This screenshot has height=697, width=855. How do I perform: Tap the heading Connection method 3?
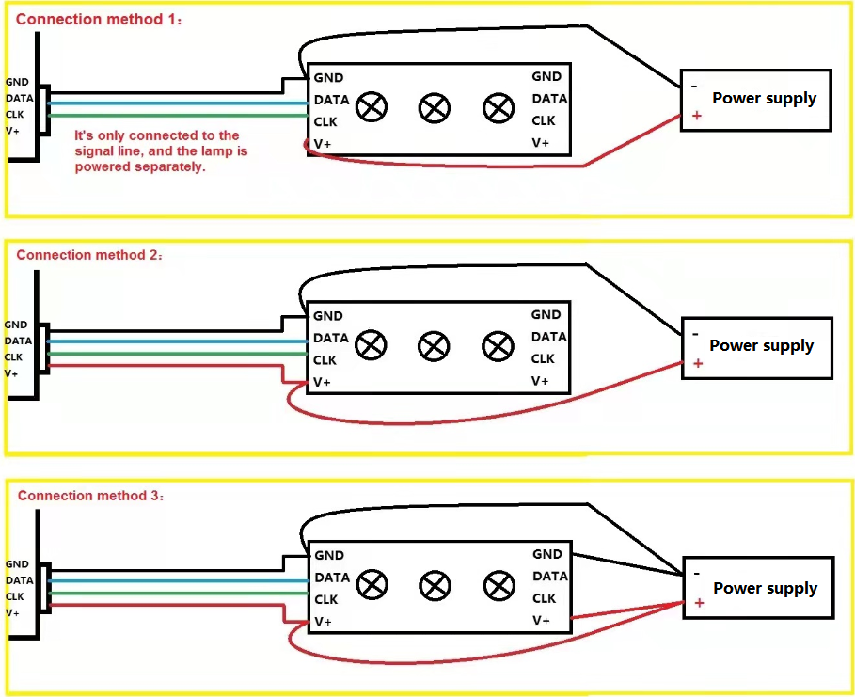pos(90,496)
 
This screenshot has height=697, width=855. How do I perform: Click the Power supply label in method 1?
pos(764,99)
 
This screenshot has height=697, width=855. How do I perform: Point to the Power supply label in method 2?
pos(761,345)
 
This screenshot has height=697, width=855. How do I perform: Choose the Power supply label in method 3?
pos(765,588)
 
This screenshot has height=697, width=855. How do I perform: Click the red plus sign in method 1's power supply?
pos(697,115)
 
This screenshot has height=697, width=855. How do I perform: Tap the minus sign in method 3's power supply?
pos(697,572)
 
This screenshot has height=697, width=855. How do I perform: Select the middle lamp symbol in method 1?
pos(434,107)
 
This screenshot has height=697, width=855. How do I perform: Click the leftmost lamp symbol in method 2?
pos(372,346)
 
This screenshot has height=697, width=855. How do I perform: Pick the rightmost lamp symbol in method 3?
pos(499,586)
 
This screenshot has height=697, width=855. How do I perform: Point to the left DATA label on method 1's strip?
pos(331,100)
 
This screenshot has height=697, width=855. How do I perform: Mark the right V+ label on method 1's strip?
pos(541,143)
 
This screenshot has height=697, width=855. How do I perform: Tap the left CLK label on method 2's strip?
pos(325,360)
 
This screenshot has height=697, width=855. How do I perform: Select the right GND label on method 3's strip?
pos(547,554)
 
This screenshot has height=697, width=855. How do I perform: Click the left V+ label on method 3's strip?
pos(323,622)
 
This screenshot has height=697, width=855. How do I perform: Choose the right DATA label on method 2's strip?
pos(549,337)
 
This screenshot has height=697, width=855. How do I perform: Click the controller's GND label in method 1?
pos(17,83)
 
